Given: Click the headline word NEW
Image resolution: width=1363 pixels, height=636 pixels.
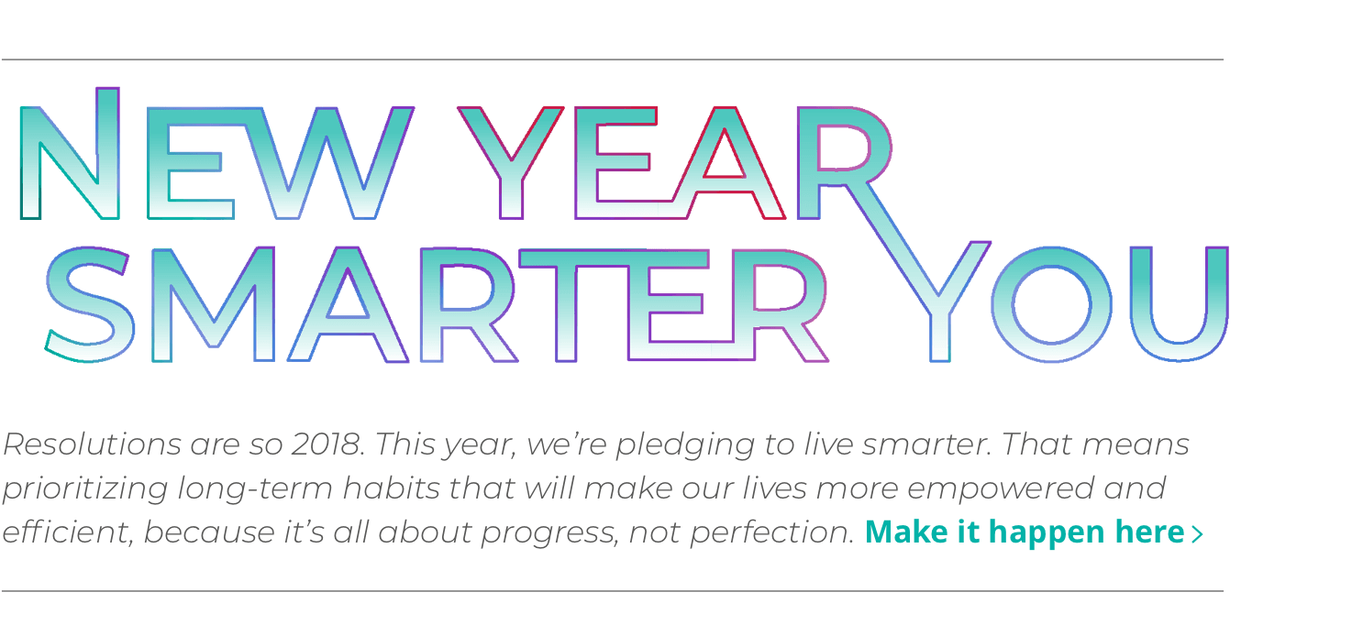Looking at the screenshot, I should (x=216, y=156).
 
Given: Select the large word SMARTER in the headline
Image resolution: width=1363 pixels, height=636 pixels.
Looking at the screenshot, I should (x=436, y=303).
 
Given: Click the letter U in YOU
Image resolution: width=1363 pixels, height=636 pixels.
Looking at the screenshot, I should (x=1178, y=303).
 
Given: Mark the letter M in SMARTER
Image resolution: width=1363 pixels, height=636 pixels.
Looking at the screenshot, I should (x=213, y=303).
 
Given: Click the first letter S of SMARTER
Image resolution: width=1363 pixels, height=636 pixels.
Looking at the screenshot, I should (x=89, y=303).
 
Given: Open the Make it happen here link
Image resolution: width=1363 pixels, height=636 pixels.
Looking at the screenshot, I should (x=1025, y=532).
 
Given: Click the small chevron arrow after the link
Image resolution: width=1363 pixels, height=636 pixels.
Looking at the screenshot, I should (x=1196, y=533).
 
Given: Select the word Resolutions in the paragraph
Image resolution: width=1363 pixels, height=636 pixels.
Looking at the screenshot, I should (x=92, y=444).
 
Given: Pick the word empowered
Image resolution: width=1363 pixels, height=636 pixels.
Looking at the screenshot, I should (x=1004, y=489).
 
